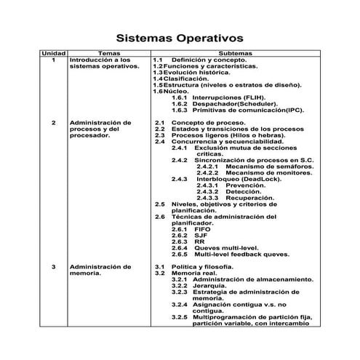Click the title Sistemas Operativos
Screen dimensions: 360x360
pos(180,38)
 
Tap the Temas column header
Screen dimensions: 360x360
pos(109,54)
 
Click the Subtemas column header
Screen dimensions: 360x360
pos(236,54)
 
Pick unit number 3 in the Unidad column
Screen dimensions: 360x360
pos(53,268)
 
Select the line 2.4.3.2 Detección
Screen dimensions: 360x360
pos(227,191)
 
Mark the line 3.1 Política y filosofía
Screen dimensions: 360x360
pos(195,268)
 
